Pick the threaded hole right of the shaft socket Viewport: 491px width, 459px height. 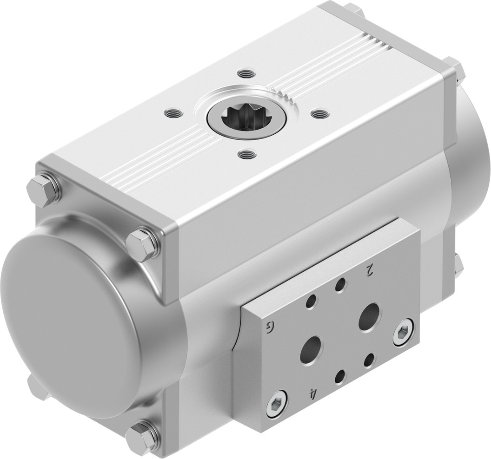coord(319,113)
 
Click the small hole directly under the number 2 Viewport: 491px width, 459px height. coord(342,284)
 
